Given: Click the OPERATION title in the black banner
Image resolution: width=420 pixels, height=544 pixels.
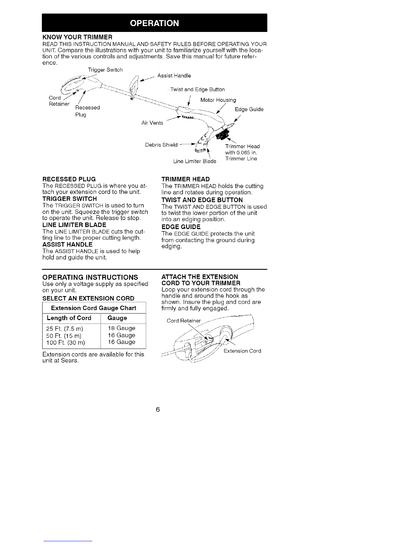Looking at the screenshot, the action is tap(154, 23).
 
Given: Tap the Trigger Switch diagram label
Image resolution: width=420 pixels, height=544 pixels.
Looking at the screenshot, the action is tap(105, 70).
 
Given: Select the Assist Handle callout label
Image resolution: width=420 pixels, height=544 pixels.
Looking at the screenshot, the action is tap(174, 76).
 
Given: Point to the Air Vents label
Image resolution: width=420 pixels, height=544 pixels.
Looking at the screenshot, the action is tap(152, 123).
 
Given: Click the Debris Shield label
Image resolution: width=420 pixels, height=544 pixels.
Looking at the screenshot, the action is tap(161, 145).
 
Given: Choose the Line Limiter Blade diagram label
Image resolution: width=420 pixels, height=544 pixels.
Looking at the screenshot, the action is tap(195, 161).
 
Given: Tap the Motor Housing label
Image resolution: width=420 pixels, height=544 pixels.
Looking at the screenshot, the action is tap(218, 100).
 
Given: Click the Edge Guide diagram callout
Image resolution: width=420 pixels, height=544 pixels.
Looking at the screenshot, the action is tap(249, 109).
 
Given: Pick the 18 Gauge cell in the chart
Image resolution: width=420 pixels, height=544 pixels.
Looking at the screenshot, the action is tap(121, 328).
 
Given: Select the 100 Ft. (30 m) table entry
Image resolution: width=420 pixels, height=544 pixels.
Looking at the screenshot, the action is tap(66, 342).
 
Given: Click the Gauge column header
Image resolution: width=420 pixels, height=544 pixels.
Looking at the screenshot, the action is tap(117, 318).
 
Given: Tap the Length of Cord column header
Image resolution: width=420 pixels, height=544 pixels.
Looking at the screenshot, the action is tap(69, 318).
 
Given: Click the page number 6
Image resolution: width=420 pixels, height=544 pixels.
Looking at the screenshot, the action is tap(158, 410).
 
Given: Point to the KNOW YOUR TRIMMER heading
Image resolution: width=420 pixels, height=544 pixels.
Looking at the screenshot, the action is tap(77, 37).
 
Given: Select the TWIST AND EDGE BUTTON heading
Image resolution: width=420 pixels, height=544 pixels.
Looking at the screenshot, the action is tap(202, 200).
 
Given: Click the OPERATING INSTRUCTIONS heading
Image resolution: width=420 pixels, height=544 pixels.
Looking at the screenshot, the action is tap(90, 277).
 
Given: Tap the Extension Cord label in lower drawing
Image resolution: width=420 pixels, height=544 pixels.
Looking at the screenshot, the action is tap(242, 351).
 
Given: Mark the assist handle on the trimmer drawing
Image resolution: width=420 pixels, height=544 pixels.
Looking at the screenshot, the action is tap(134, 86).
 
